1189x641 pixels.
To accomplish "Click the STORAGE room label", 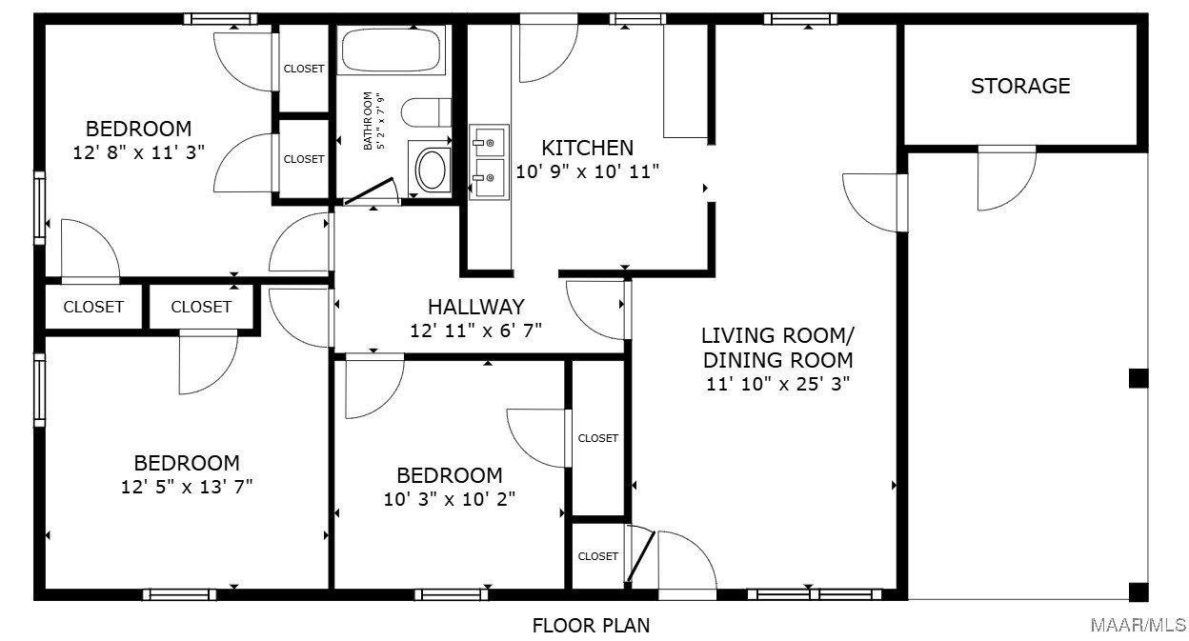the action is pos(1020,86).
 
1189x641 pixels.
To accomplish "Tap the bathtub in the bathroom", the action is pos(392,50).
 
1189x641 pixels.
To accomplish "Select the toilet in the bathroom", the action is pos(426,112).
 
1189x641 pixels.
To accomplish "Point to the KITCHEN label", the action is pos(587,148).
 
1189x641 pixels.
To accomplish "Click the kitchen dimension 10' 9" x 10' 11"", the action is pos(587,171).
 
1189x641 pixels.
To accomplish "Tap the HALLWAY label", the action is pos(476,307).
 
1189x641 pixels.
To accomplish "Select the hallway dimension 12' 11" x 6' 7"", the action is pos(476,331).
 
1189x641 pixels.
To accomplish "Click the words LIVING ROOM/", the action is pos(777,335).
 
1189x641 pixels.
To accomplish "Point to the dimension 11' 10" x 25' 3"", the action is pos(777,384).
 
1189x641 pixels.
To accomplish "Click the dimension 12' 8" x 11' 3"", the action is pos(138,152).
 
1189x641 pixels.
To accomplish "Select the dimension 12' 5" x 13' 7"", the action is pos(187,487).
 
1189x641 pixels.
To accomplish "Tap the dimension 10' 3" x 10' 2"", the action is pos(449,499).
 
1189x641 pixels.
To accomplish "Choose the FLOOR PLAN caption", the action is pos(591,626).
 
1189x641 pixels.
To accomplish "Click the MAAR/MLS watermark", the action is pos(1139,626).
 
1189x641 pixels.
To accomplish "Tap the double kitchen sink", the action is pos(489,162).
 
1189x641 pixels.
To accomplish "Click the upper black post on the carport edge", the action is pos(1139,378).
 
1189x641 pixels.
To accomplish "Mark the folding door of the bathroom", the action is pos(371,190).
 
